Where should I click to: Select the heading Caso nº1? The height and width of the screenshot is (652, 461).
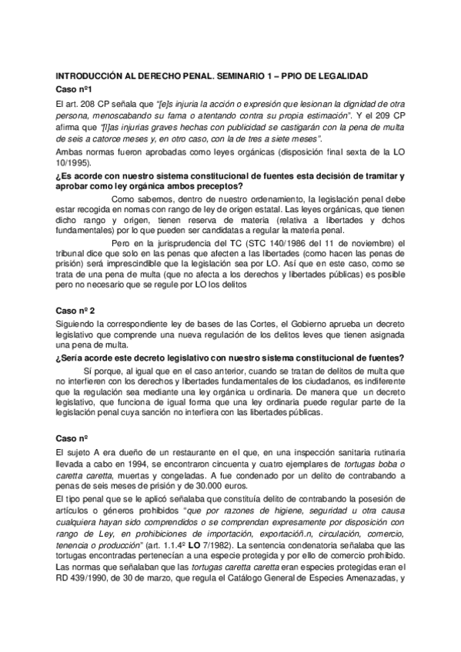75,89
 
